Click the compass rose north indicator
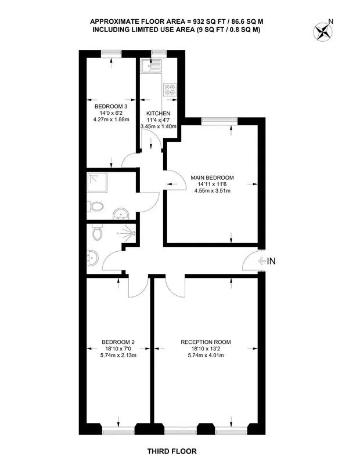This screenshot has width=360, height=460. click(323, 30)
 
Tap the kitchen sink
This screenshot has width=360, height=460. click(151, 66)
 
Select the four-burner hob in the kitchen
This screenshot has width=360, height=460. click(170, 89)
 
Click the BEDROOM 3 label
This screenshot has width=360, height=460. click(111, 106)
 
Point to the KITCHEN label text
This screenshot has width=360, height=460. click(159, 113)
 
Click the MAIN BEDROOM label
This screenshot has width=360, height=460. click(213, 178)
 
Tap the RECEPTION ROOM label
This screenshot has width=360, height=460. click(206, 342)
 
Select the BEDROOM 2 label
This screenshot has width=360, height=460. click(118, 342)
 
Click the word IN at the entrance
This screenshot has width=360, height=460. click(271, 261)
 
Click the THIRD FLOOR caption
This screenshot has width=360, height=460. click(172, 451)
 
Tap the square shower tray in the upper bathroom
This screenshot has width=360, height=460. click(97, 183)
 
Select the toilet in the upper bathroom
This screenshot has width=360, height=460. click(95, 206)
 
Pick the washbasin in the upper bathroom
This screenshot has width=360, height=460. click(120, 214)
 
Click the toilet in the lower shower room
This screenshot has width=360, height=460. click(96, 232)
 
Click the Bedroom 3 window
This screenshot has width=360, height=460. click(111, 53)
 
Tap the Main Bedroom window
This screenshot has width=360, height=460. click(219, 121)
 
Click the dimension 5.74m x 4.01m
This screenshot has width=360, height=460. click(206, 355)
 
